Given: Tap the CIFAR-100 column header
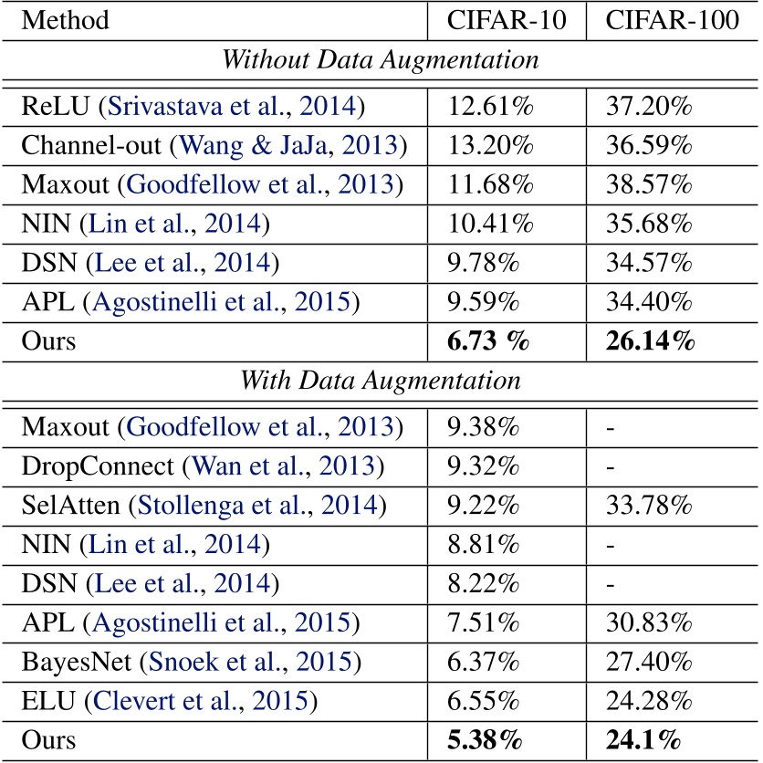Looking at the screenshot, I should [672, 19].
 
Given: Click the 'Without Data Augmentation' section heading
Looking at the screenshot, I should [380, 61].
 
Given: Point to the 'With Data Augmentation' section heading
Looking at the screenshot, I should [380, 381].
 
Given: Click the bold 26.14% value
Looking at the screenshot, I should [650, 342].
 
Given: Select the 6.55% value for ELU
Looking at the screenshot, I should [484, 703].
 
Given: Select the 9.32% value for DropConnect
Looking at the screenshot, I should [484, 467].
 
